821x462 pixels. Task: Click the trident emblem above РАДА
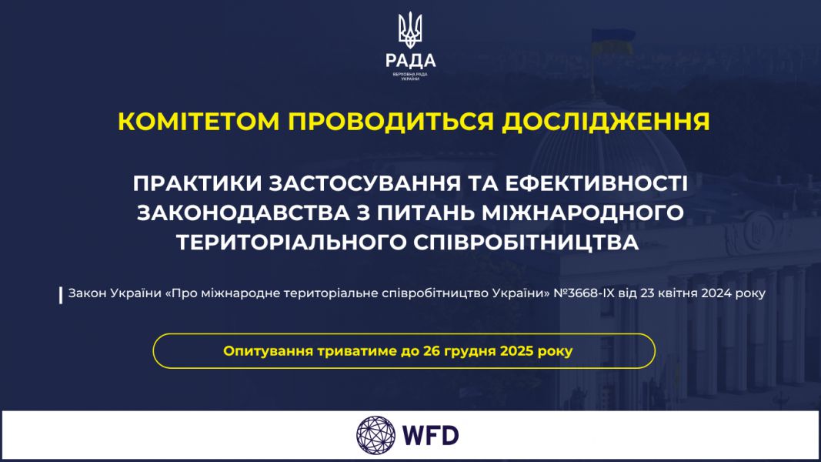(x=410, y=29)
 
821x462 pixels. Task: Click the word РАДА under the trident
(x=410, y=60)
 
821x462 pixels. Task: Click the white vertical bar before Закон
(x=61, y=295)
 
